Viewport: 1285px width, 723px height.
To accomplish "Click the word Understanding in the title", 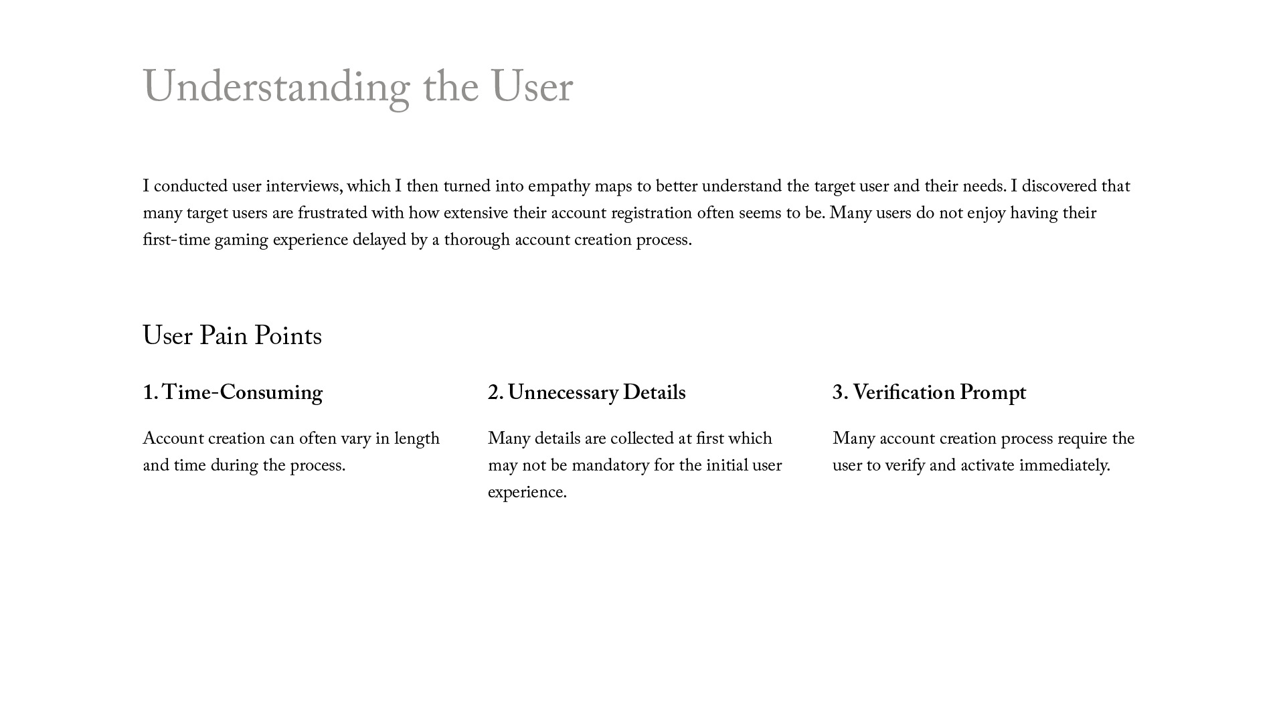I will click(276, 88).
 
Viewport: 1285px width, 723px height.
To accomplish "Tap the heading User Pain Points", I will click(232, 336).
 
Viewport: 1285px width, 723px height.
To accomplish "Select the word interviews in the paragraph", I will click(304, 187).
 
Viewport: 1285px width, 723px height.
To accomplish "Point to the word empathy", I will click(559, 187).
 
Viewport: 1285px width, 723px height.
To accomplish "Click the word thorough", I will click(477, 240).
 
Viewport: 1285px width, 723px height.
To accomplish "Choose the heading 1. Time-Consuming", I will click(232, 393).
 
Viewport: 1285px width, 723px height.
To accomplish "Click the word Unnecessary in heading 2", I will click(563, 393).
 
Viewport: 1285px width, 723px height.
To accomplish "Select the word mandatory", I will click(610, 466).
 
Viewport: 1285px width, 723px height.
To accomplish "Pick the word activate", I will click(987, 466).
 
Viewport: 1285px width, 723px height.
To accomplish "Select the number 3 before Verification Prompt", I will click(837, 393).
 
